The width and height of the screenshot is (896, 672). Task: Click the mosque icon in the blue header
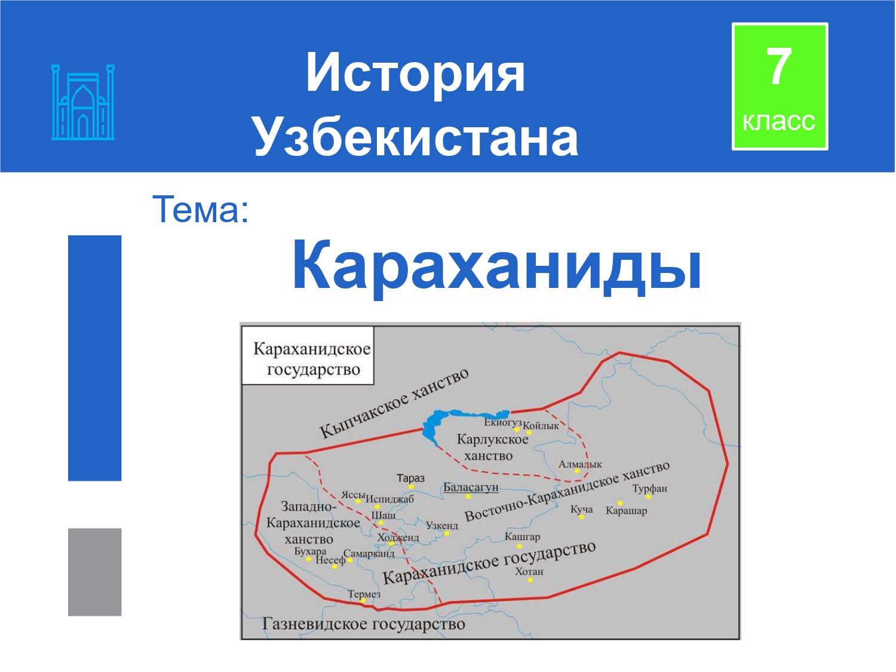(x=83, y=102)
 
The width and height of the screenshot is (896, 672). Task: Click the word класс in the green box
(x=779, y=121)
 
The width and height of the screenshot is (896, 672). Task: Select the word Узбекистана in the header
(x=416, y=137)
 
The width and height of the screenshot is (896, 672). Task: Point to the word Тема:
(x=201, y=210)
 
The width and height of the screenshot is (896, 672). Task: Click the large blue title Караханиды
(x=497, y=265)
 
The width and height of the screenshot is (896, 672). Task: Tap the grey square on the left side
(x=95, y=572)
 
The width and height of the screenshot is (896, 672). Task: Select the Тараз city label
(x=410, y=478)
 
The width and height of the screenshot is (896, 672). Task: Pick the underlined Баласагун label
(x=471, y=487)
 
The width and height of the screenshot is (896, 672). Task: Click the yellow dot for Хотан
(x=530, y=580)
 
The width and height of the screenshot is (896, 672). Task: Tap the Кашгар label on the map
(x=523, y=537)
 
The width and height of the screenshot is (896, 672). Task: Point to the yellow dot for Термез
(x=363, y=600)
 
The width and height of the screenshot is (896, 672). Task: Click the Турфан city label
(x=650, y=489)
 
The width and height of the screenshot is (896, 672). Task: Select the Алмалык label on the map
(x=580, y=464)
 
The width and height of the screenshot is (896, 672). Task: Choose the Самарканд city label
(x=369, y=554)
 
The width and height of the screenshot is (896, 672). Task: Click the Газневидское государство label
(x=363, y=624)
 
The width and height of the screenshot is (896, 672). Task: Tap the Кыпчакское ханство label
(x=394, y=403)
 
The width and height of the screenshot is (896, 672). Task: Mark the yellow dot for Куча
(x=582, y=517)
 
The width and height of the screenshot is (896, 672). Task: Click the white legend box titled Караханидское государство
(x=308, y=355)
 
